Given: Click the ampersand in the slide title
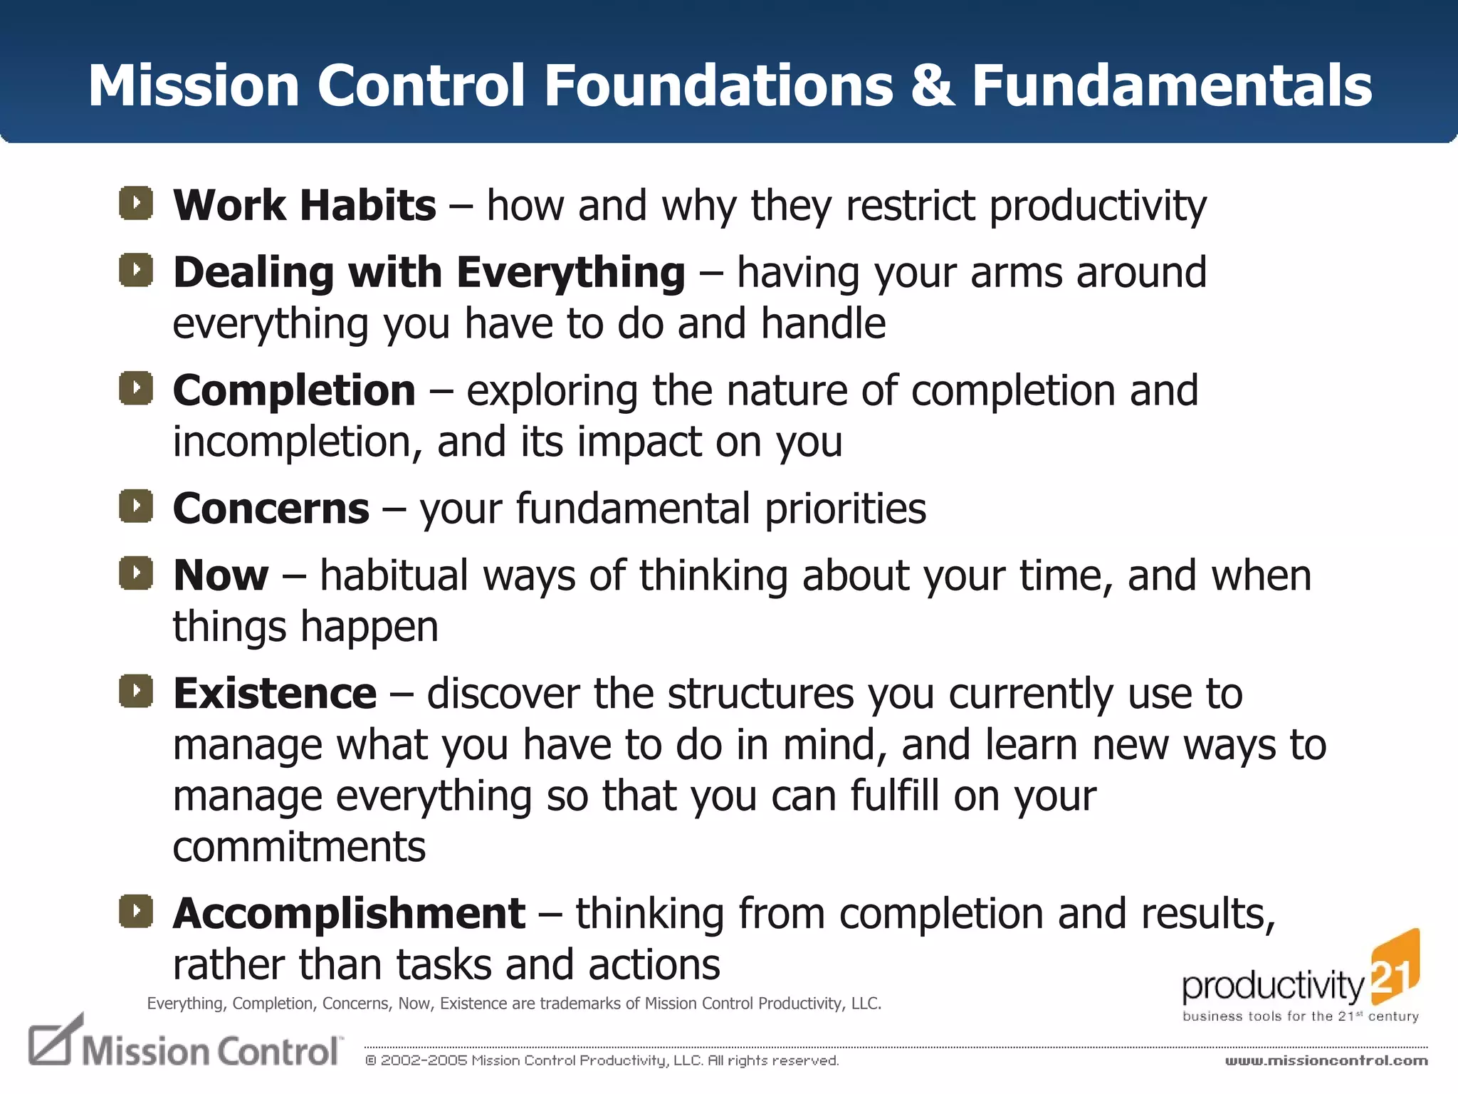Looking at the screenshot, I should click(933, 86).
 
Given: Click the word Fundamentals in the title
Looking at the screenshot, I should click(1172, 86).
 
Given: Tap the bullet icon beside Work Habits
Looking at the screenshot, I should click(136, 203).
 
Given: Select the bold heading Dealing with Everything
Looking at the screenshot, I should click(429, 273).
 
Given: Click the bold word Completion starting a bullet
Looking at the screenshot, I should click(294, 391).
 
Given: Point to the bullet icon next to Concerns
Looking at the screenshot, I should click(136, 506).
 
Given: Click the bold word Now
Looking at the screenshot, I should click(221, 575).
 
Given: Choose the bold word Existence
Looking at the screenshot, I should click(275, 694).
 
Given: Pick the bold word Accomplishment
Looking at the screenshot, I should click(349, 914).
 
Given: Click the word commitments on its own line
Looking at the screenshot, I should click(299, 847).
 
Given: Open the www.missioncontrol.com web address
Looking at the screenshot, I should click(1326, 1061).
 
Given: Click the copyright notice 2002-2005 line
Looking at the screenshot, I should click(602, 1061).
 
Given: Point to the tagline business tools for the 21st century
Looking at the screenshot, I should click(1300, 1016).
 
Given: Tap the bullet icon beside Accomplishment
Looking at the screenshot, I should click(136, 912).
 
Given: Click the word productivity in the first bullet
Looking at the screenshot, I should click(1098, 207).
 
